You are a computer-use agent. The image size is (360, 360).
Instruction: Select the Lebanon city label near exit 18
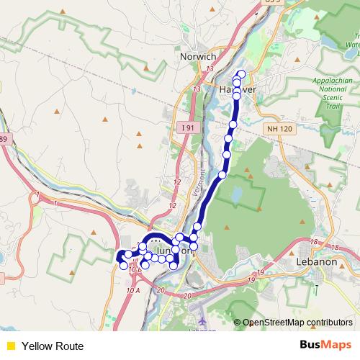[317, 264]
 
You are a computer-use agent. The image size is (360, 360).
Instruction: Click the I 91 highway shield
[187, 127]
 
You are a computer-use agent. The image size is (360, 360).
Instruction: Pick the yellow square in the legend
[11, 346]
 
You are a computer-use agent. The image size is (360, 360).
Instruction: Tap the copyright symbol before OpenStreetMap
[237, 323]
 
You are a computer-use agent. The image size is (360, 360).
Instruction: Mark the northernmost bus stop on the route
[241, 74]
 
